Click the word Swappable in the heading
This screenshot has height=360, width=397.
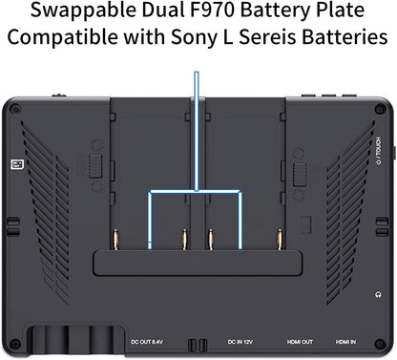click(83, 11)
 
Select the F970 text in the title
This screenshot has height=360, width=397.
click(212, 10)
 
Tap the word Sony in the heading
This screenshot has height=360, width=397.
click(193, 38)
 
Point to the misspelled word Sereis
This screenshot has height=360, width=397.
click(267, 37)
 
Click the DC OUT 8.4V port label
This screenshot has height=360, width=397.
click(147, 342)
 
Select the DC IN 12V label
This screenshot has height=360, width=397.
click(240, 342)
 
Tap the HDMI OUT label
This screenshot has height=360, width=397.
click(300, 342)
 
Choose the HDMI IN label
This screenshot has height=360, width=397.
click(345, 342)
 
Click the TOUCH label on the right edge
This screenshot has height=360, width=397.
click(378, 147)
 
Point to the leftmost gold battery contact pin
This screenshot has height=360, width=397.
click(116, 240)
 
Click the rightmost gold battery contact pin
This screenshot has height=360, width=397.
click(280, 240)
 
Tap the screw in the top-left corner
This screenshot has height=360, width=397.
click(13, 110)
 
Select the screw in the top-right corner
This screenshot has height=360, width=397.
click(380, 110)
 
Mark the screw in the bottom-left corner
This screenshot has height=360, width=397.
click(14, 344)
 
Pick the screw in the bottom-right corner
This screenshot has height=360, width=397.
click(380, 344)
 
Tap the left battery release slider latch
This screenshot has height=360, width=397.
click(95, 166)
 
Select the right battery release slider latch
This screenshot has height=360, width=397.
click(300, 175)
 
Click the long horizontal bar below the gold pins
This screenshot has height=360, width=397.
click(198, 263)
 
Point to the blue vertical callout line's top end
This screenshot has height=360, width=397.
click(197, 73)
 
